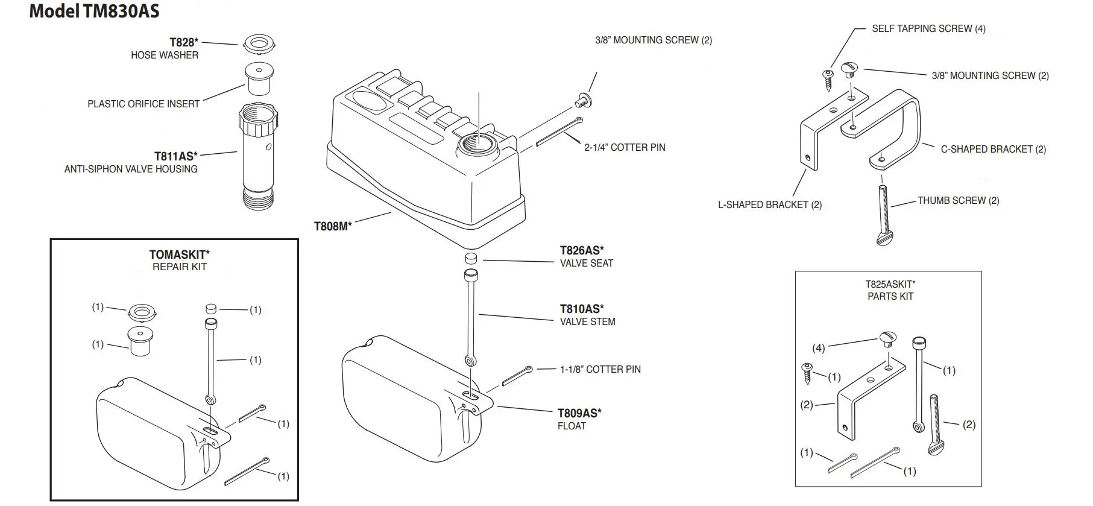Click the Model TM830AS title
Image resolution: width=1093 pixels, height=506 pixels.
(x=94, y=11)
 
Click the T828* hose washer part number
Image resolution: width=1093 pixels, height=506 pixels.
(x=183, y=42)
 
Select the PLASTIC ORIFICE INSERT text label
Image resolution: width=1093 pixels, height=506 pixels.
(x=143, y=104)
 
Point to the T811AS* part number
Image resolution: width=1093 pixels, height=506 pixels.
(x=175, y=156)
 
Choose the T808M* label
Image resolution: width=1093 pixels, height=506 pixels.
(x=332, y=226)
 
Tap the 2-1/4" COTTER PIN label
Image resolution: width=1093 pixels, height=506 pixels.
(x=625, y=147)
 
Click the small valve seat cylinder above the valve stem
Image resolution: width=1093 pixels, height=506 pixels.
(x=471, y=259)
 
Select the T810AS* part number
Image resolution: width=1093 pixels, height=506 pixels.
(x=581, y=309)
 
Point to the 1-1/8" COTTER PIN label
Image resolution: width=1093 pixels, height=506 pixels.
(x=600, y=369)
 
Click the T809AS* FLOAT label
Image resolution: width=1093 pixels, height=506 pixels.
(x=578, y=419)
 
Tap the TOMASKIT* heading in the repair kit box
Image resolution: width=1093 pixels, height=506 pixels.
(x=179, y=255)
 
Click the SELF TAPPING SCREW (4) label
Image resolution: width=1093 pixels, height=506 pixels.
(x=928, y=28)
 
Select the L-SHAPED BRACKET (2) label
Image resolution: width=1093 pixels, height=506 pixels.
(x=769, y=204)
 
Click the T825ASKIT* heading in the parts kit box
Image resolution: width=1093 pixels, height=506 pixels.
(x=890, y=284)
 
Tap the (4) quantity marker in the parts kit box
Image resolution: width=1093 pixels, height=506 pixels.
(x=818, y=348)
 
